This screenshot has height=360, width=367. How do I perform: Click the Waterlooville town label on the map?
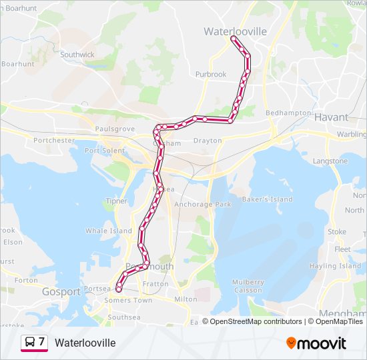tap(235, 31)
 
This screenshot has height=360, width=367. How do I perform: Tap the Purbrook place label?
tap(211, 75)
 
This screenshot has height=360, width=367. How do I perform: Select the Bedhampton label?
tap(288, 113)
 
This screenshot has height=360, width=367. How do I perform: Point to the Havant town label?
tap(331, 117)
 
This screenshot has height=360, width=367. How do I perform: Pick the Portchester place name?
tap(54, 141)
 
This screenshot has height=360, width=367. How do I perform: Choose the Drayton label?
tap(207, 141)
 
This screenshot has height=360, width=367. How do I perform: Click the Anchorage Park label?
tap(203, 205)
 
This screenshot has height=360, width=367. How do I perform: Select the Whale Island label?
tap(109, 231)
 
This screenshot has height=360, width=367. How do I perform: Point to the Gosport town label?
tap(61, 292)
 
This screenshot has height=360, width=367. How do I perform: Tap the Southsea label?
tap(124, 317)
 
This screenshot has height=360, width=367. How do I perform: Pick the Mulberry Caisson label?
tap(248, 286)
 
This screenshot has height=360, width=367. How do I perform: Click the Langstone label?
tap(330, 161)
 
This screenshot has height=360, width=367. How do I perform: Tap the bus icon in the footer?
tap(29, 343)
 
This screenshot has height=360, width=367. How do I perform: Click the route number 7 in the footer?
tap(41, 342)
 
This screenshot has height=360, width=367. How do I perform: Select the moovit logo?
tap(316, 343)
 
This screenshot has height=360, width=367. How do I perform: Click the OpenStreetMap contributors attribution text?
tap(252, 321)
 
